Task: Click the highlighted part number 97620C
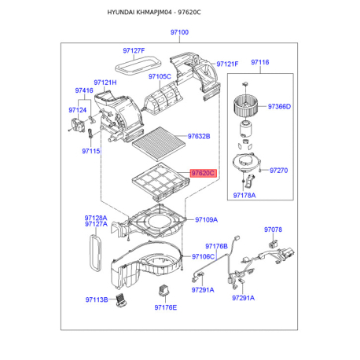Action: click(x=202, y=173)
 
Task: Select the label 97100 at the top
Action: click(x=179, y=33)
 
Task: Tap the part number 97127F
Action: click(x=133, y=50)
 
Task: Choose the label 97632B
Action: click(x=199, y=136)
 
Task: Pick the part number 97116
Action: click(x=260, y=62)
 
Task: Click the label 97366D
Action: click(x=279, y=107)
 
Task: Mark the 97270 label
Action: click(x=279, y=170)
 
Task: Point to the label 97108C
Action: click(x=203, y=256)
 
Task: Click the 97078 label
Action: click(x=273, y=230)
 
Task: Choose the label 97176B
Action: click(x=216, y=246)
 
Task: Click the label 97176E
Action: click(x=164, y=307)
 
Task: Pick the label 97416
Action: click(x=84, y=91)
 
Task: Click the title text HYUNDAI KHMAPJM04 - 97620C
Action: click(x=154, y=13)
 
